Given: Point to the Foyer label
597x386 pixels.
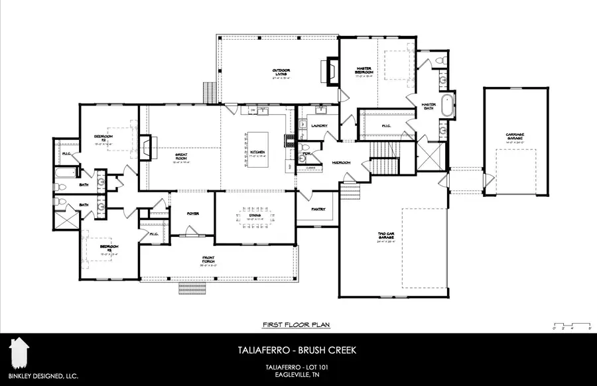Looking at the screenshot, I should [x=193, y=214].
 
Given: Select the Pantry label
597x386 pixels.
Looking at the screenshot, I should [x=318, y=209].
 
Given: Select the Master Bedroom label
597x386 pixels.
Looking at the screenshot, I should [x=364, y=71].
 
